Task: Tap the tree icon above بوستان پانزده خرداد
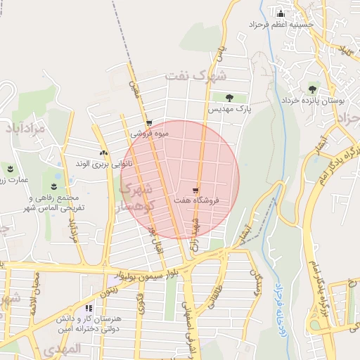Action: (x=312, y=89)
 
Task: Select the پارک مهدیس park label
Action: (x=229, y=110)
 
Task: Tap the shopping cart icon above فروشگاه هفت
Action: (x=195, y=190)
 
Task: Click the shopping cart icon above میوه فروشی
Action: (x=148, y=122)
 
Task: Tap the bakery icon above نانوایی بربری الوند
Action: (x=103, y=152)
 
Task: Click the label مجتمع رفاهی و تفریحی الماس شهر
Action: (x=53, y=203)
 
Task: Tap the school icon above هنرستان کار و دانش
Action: (x=89, y=307)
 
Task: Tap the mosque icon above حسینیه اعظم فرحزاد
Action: (x=281, y=13)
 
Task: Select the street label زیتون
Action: (x=111, y=285)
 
